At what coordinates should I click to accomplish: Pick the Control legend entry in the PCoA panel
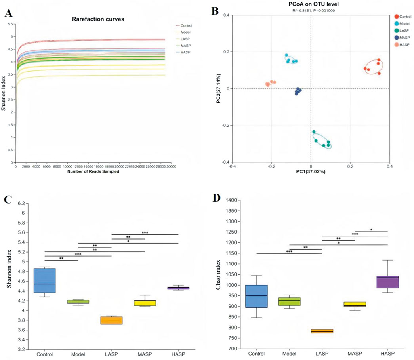(x=405, y=17)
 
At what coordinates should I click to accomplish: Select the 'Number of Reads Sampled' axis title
(x=93, y=171)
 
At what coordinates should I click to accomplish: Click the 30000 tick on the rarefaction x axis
(x=171, y=167)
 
